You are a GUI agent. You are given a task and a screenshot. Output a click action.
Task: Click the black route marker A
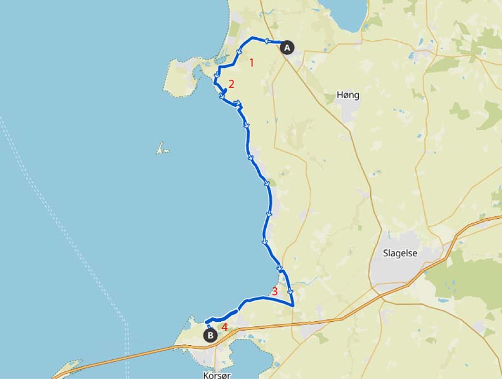(x=287, y=47)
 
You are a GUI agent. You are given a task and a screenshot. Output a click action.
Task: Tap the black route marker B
(x=211, y=336)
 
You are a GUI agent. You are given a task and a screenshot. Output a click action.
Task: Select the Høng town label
(x=348, y=96)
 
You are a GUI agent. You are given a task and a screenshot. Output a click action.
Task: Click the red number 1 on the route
(x=252, y=62)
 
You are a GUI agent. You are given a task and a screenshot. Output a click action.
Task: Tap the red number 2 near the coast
(x=231, y=84)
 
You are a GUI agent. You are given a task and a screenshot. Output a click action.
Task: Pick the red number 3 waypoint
(x=274, y=291)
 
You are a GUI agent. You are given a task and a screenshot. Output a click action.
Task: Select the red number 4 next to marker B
(x=224, y=327)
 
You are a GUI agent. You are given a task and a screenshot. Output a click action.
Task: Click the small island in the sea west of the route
(x=163, y=150)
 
